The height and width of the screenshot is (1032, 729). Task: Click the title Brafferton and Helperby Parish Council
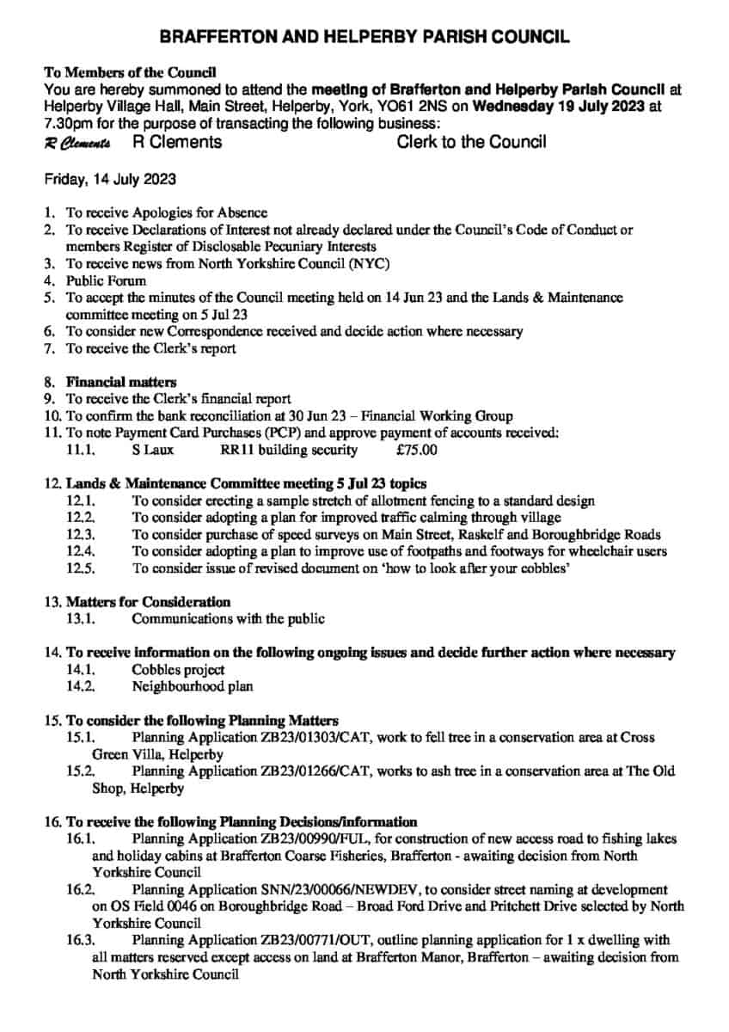(x=364, y=37)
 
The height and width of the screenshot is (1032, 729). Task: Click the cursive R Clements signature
(x=77, y=143)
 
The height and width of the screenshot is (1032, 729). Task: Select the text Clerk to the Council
(x=471, y=142)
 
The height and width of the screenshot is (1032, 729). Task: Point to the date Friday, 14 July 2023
(x=110, y=179)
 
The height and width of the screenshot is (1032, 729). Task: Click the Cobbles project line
(x=178, y=669)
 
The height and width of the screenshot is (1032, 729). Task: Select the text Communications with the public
(x=228, y=617)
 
